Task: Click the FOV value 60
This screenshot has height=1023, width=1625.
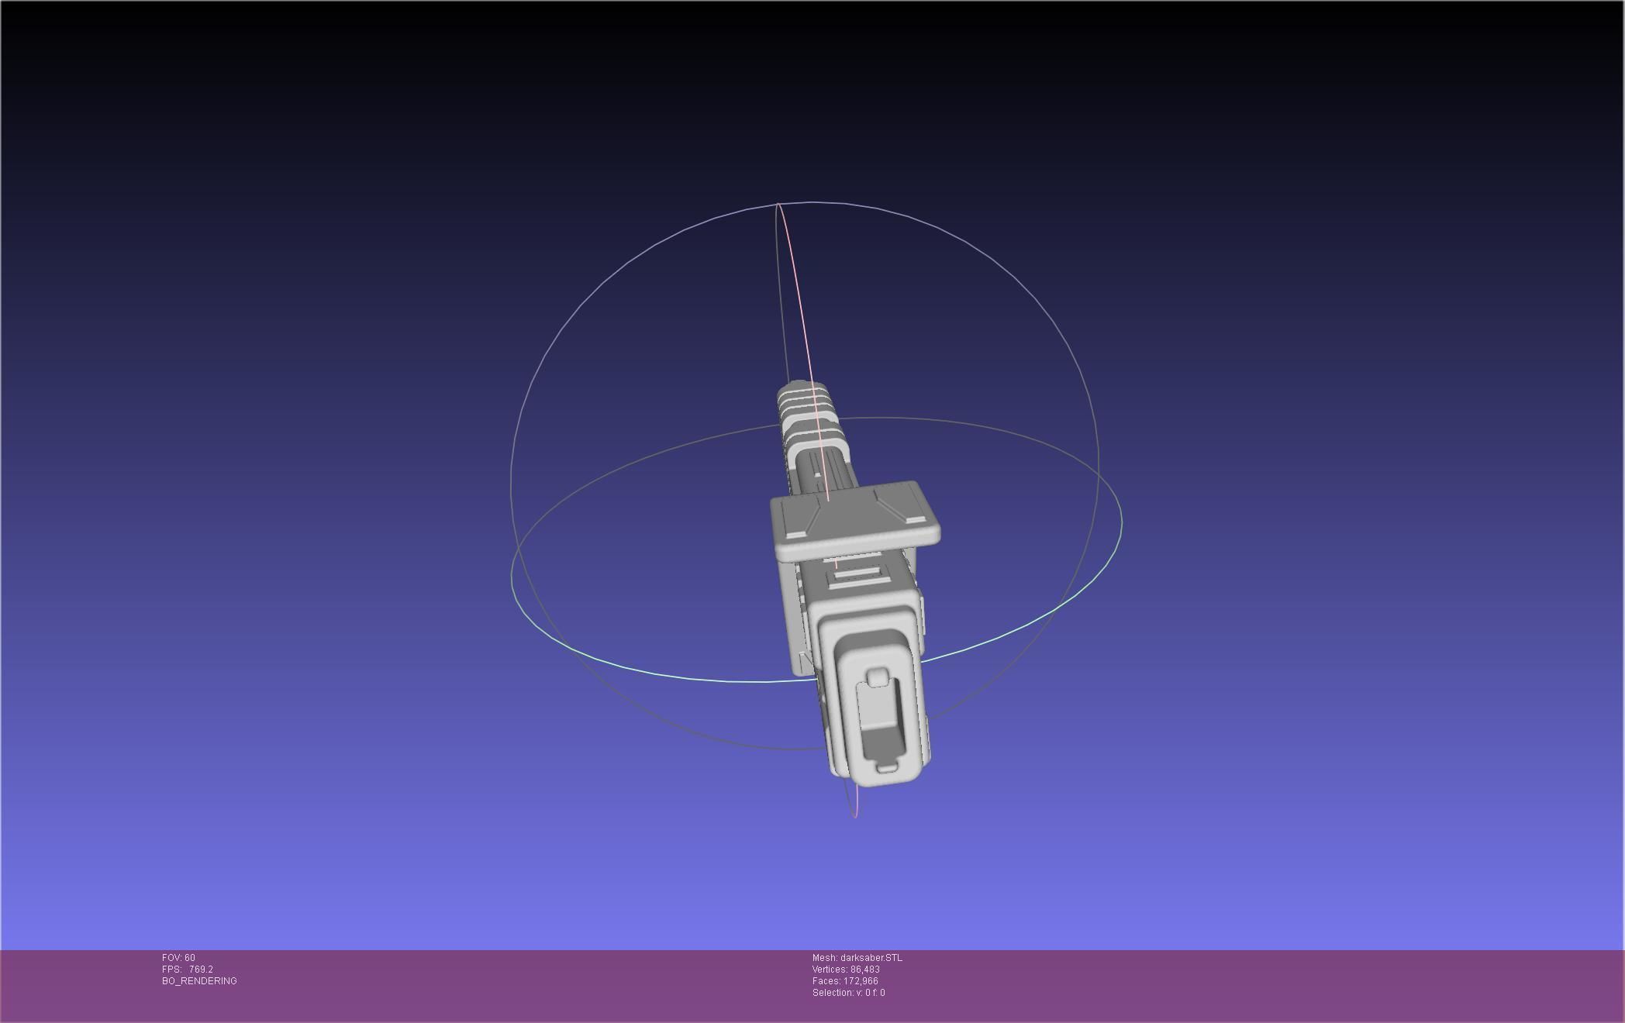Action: click(190, 958)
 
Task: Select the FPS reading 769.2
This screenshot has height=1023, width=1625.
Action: click(201, 970)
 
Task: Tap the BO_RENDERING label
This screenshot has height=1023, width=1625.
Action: click(199, 981)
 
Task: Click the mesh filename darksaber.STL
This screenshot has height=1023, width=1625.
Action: click(871, 958)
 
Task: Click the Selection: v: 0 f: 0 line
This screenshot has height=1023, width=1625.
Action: click(848, 993)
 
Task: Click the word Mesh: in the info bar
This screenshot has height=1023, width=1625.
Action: click(825, 958)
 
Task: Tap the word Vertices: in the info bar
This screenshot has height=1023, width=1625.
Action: click(830, 970)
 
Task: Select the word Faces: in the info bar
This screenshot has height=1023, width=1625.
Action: click(825, 981)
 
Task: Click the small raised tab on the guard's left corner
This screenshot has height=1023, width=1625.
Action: click(795, 535)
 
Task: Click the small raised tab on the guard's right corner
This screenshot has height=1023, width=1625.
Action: click(915, 520)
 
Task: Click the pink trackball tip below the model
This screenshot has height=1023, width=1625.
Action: click(855, 814)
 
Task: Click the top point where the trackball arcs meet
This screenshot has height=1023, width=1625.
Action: click(778, 205)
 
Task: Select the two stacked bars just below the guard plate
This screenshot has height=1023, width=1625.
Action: click(855, 577)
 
